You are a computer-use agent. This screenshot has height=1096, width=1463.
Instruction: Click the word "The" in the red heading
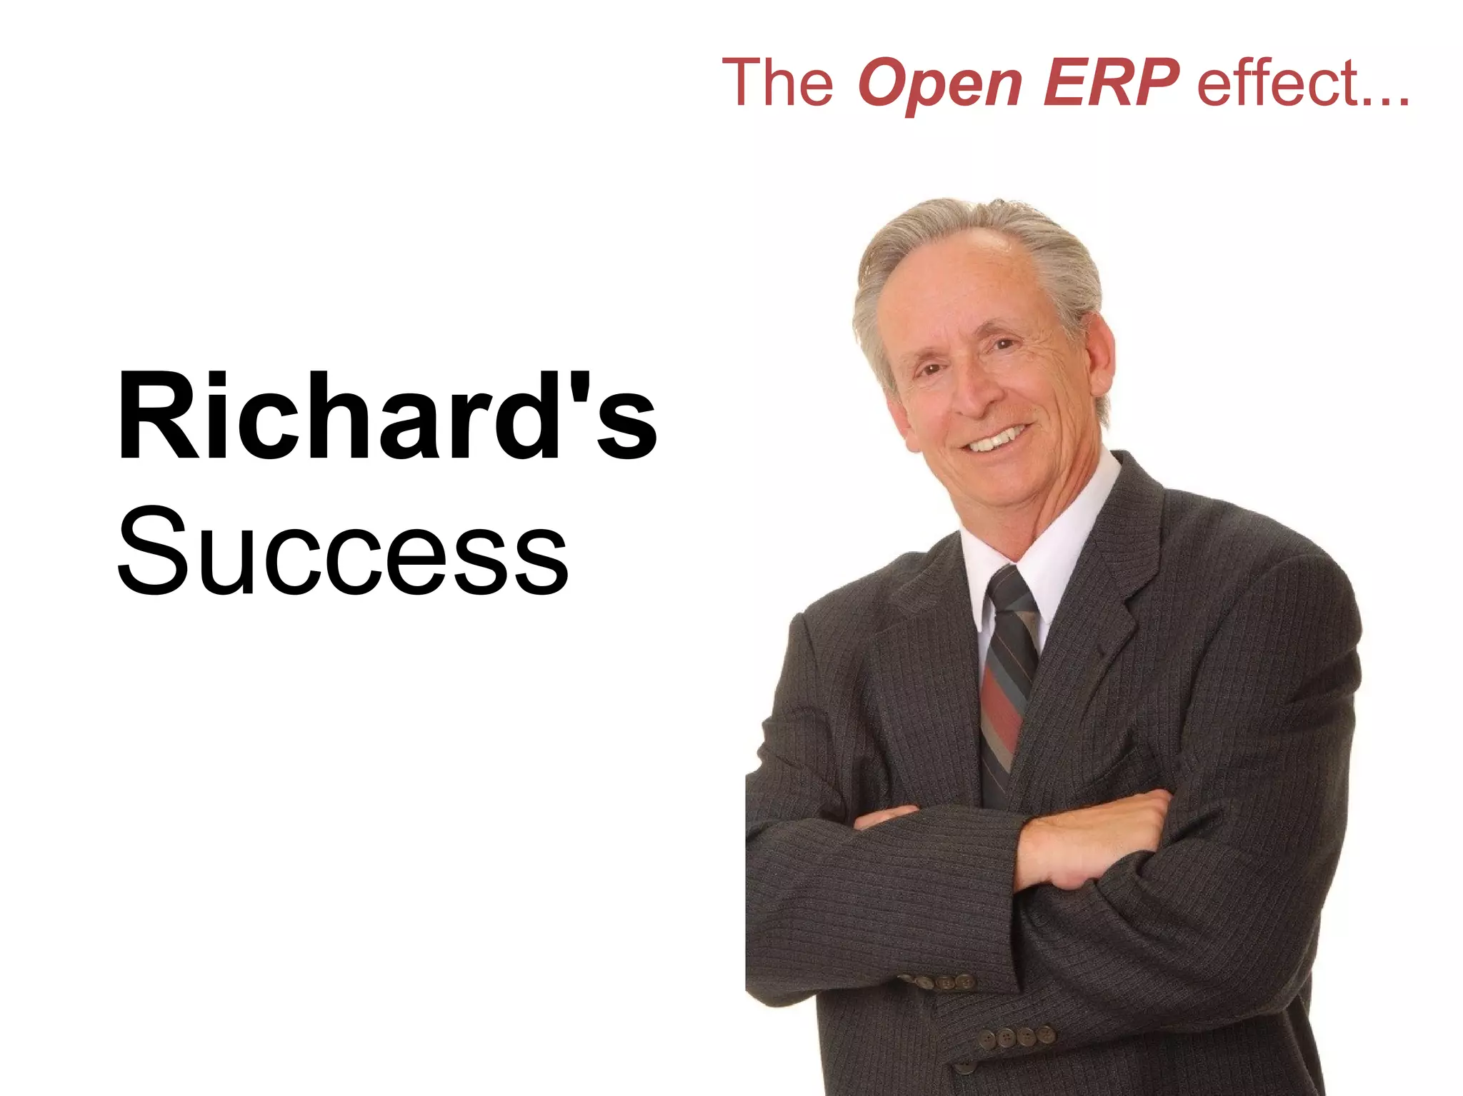click(777, 84)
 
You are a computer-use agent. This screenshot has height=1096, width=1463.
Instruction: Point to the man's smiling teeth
click(997, 438)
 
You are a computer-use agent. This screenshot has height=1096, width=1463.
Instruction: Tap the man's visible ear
click(1097, 357)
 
